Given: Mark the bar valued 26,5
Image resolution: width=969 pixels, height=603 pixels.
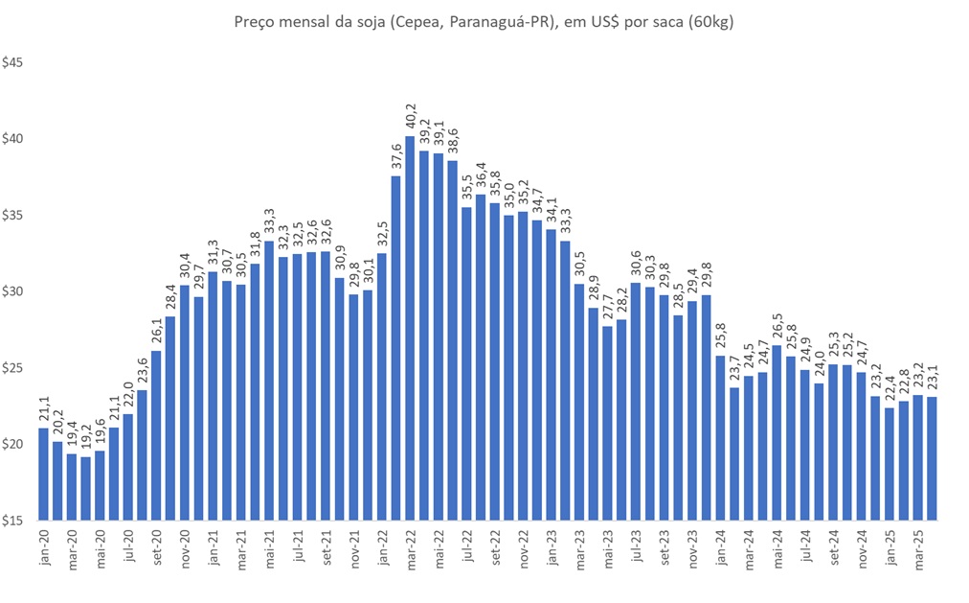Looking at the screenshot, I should click(x=777, y=432).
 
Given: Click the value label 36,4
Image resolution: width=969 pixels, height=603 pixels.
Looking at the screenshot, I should click(x=481, y=177).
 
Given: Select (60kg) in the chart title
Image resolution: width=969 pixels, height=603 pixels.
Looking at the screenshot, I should click(x=707, y=20).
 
